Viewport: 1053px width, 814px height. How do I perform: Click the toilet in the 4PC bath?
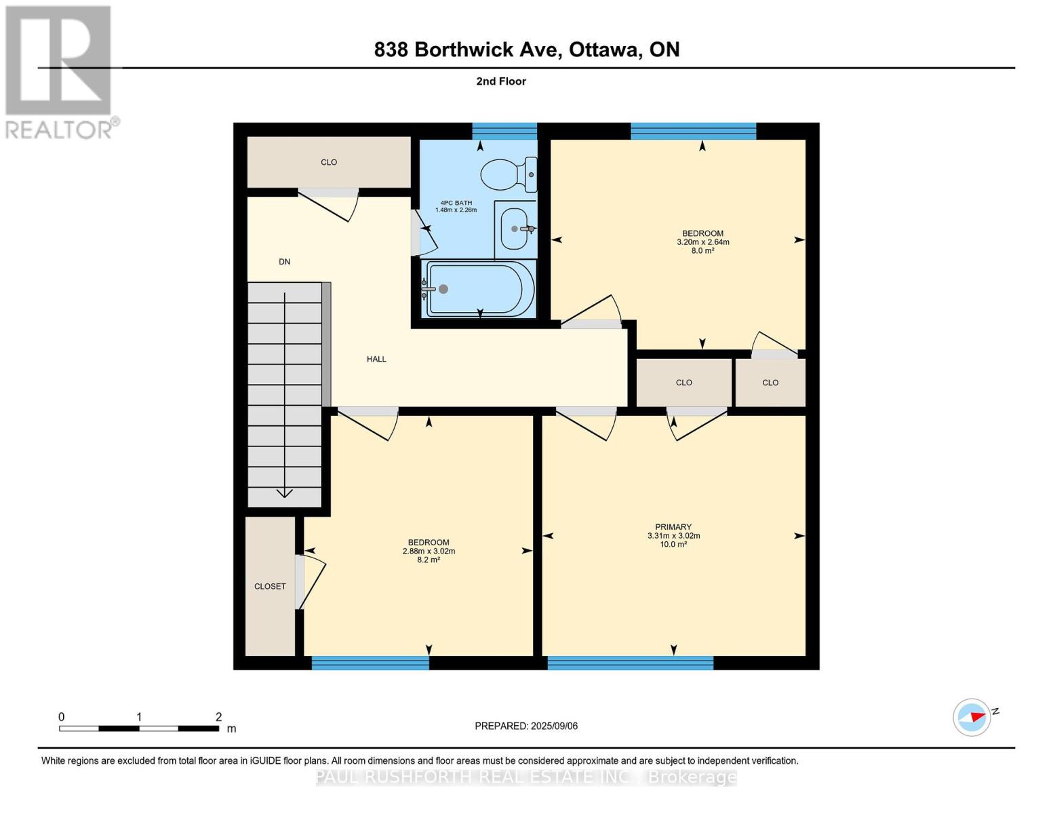click(x=509, y=174)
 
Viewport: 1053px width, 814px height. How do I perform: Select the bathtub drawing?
click(x=479, y=289)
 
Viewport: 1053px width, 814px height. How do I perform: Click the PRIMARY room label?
click(x=673, y=526)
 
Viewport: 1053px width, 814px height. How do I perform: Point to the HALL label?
click(x=376, y=360)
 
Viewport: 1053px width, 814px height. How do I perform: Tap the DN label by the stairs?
click(x=285, y=262)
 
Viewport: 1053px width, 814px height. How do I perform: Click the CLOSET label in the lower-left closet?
click(x=270, y=586)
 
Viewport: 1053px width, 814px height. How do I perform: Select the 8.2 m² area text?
click(x=429, y=560)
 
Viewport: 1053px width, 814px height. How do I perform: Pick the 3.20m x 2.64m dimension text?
click(x=702, y=242)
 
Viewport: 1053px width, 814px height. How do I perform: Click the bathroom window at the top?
click(x=504, y=132)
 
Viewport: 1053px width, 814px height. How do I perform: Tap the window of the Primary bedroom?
click(x=630, y=663)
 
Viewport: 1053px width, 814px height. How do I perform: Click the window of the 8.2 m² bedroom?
click(x=370, y=663)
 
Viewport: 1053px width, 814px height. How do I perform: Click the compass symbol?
click(x=972, y=718)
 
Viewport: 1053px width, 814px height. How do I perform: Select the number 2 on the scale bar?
click(x=218, y=716)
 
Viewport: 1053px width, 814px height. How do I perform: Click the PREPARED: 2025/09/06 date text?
click(x=526, y=726)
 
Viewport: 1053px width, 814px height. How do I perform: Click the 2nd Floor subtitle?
click(x=501, y=81)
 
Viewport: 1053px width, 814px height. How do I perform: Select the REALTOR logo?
click(x=62, y=73)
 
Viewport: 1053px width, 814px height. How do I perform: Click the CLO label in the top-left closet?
click(x=329, y=162)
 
